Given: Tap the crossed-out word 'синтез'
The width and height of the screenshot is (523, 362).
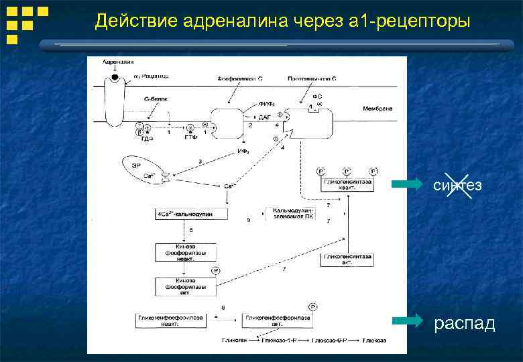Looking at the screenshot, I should pos(457,184).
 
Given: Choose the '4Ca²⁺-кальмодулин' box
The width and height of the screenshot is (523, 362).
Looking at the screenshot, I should pos(190,214).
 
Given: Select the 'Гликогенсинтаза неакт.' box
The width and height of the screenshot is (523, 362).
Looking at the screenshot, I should pos(348,185).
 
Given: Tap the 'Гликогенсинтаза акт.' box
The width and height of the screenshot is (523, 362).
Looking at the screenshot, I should pos(348,259).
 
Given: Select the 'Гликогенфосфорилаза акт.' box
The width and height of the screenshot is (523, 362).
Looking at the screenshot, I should pos(278,320).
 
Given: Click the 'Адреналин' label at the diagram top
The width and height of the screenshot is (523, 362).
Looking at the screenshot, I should pos(115,62).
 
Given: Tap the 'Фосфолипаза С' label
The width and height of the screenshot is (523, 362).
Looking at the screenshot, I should pos(240,78).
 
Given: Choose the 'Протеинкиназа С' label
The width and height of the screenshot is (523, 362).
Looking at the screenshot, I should pos(312,78).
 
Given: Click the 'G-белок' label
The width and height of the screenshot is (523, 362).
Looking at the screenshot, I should pos(155,99).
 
